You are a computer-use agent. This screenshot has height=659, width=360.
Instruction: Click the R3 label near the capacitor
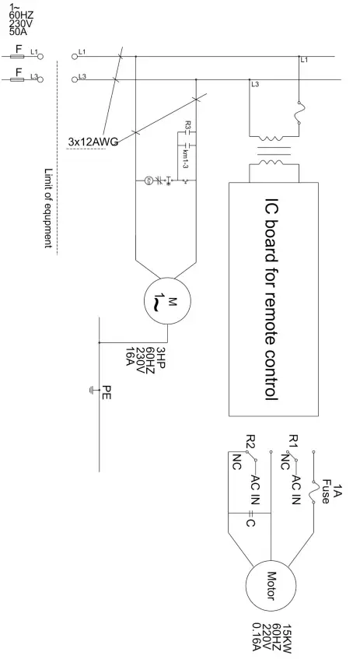tap(189, 124)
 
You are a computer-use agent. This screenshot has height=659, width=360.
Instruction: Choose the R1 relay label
tap(293, 441)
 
